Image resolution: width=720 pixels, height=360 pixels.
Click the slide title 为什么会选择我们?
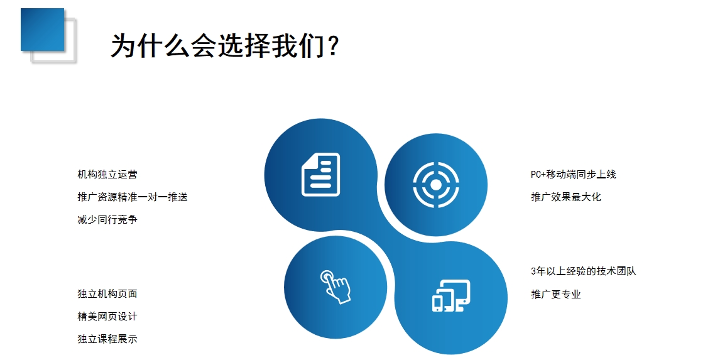click(x=225, y=45)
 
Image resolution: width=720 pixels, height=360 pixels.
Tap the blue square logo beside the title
click(x=42, y=30)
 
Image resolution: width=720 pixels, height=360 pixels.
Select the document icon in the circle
click(x=320, y=175)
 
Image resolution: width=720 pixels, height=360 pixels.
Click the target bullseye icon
click(x=436, y=185)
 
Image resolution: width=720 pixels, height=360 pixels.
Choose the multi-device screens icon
click(x=451, y=296)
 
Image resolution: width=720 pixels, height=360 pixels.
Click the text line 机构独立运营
click(x=107, y=175)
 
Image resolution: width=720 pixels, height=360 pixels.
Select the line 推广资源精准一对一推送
click(x=133, y=197)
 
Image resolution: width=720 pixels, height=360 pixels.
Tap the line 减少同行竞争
click(x=107, y=219)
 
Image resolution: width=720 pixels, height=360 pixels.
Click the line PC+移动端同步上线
click(x=573, y=175)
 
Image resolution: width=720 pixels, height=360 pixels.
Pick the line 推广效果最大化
click(x=565, y=197)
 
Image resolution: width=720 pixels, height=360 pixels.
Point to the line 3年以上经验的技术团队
click(x=583, y=271)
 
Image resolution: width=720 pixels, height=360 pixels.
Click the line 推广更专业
click(x=555, y=294)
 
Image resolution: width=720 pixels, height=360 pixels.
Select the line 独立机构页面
click(x=107, y=294)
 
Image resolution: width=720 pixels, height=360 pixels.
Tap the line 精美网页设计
click(x=107, y=317)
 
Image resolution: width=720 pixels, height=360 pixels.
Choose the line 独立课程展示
click(x=107, y=339)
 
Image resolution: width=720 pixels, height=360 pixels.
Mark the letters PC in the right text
click(x=535, y=175)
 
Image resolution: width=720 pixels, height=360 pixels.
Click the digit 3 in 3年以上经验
click(x=533, y=271)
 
